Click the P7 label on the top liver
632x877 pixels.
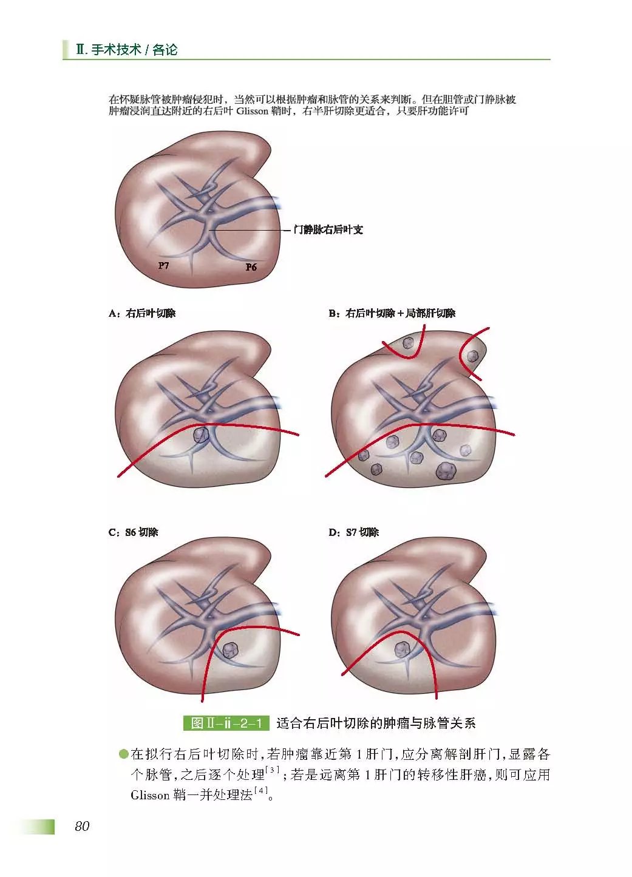point(163,265)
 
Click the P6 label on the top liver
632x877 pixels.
point(251,267)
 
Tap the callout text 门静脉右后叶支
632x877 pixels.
point(328,230)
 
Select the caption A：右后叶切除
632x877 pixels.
point(142,313)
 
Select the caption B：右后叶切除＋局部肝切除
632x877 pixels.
point(392,313)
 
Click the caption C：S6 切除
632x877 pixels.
point(133,532)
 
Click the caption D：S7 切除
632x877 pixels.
point(353,532)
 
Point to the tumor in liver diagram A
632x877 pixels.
point(201,435)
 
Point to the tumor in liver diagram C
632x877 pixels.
point(229,650)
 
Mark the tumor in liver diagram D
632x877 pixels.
point(401,650)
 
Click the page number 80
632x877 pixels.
point(82,826)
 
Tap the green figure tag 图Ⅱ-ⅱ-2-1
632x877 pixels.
point(226,723)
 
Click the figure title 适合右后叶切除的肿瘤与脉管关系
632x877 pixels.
point(376,723)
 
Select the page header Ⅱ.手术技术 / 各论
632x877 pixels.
point(127,50)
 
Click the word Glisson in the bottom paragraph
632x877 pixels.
point(150,795)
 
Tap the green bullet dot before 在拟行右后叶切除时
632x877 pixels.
point(124,754)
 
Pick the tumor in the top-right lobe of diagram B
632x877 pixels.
point(472,356)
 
